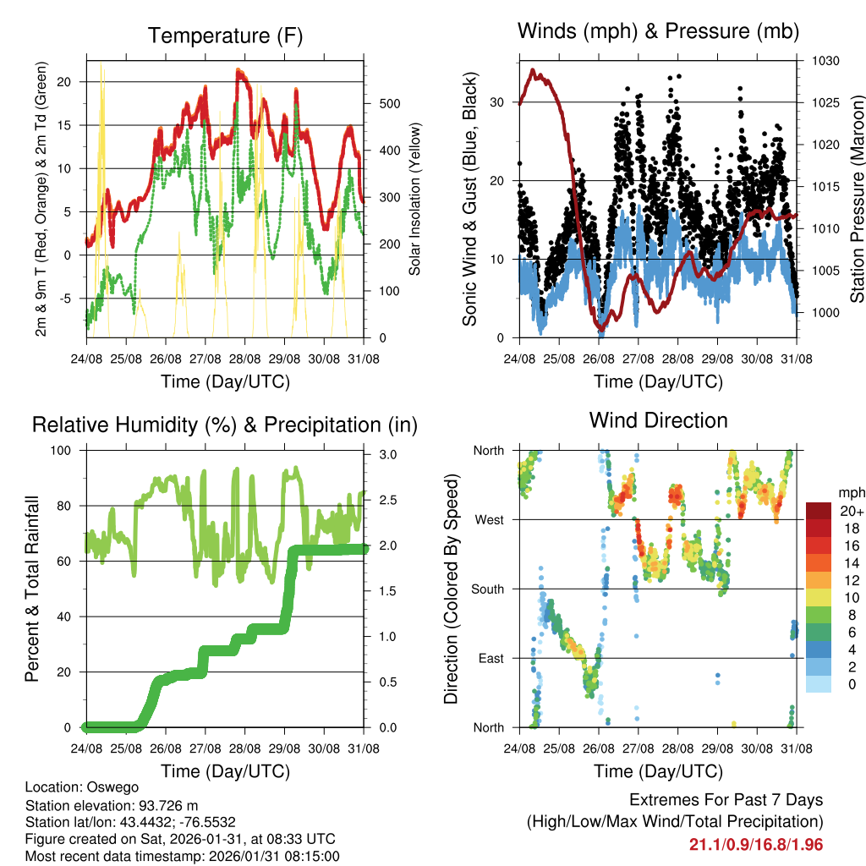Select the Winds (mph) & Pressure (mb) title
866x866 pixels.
[x=658, y=31]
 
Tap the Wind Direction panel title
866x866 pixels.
[x=658, y=420]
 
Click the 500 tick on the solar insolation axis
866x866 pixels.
[x=388, y=104]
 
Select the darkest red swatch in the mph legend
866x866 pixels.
[x=818, y=511]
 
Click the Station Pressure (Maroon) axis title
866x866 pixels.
[x=857, y=198]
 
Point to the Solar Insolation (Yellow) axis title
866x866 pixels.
[x=415, y=199]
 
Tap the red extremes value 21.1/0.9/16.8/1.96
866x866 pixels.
[x=756, y=844]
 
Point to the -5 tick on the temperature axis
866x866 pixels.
[x=69, y=299]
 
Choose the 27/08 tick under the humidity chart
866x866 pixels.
[x=204, y=748]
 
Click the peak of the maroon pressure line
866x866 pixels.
[x=532, y=70]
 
